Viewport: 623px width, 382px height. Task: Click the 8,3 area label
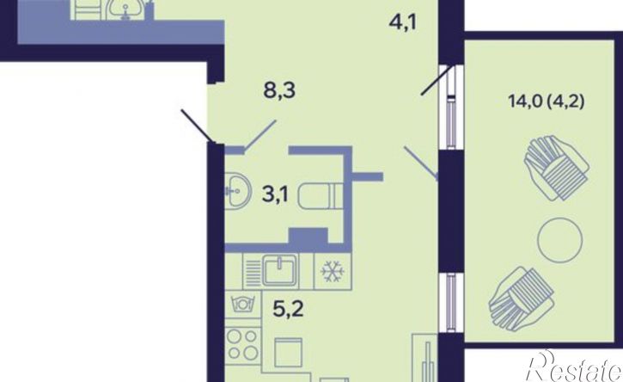coord(280,91)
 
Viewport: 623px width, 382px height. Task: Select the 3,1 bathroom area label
coord(275,195)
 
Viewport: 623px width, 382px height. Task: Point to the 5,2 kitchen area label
coord(289,309)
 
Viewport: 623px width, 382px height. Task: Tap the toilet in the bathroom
coord(321,195)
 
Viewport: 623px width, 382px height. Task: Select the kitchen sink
coord(280,270)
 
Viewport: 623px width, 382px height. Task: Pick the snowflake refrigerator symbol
coord(333,272)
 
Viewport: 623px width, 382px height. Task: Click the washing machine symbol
coord(243,304)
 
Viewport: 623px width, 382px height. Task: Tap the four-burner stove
coord(243,345)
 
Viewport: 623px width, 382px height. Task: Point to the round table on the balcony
coord(560,240)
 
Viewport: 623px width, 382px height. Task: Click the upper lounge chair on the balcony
coord(556,168)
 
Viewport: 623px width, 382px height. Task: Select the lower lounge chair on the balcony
coord(522,299)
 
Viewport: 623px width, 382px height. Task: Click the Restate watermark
coord(575,367)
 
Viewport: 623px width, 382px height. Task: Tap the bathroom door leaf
coord(260,136)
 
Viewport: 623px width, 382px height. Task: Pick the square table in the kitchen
coord(288,352)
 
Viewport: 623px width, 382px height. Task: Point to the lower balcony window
coord(450,303)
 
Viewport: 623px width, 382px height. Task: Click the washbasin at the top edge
coord(126,9)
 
